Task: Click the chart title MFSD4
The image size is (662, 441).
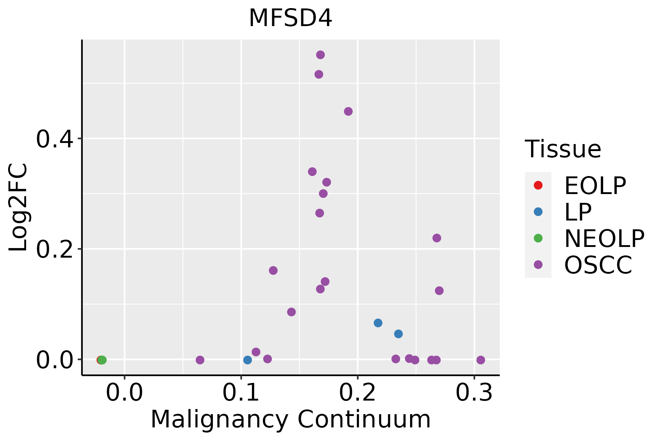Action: [291, 18]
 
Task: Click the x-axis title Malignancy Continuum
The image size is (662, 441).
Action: [291, 419]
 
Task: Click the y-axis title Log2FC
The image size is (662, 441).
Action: [18, 208]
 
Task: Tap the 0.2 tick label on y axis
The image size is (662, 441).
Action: [55, 250]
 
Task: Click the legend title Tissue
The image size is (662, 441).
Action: [563, 149]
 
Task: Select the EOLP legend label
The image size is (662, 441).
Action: [595, 186]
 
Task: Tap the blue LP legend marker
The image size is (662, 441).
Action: [538, 212]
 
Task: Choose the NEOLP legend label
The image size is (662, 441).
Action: [604, 239]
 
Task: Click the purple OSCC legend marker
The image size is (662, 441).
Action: [538, 265]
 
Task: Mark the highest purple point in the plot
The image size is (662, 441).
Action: [320, 55]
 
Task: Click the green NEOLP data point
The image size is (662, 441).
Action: [102, 360]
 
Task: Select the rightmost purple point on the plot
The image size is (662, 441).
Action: [481, 360]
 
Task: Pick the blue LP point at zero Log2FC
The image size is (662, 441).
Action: [248, 360]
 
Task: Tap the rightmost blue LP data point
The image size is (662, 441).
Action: [398, 334]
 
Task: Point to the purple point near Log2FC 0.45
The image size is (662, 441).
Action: [348, 111]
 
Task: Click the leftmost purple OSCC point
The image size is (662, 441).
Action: [200, 360]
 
